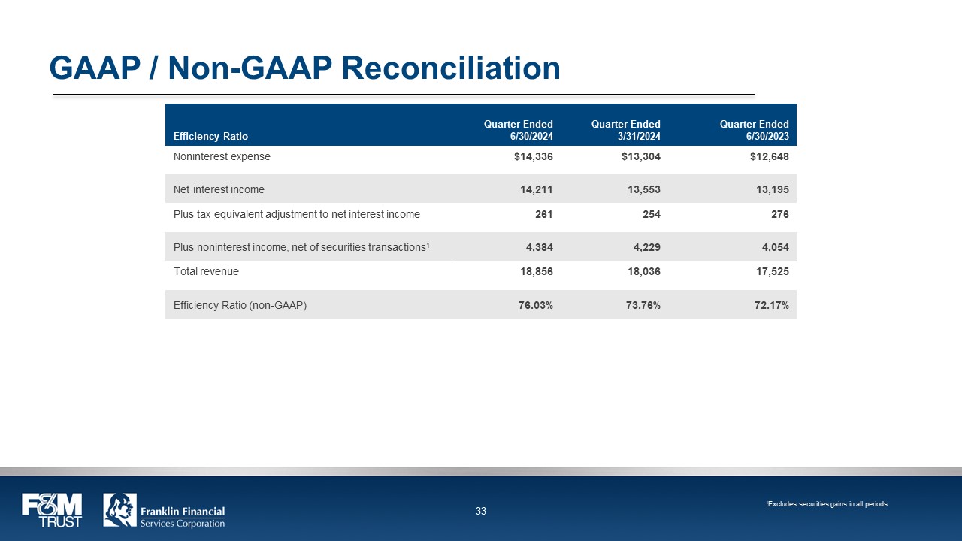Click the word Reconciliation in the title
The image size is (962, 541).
[x=451, y=68]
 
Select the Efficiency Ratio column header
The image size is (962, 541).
[x=210, y=136]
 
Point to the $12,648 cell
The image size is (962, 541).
[x=768, y=157]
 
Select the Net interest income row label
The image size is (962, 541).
[x=219, y=189]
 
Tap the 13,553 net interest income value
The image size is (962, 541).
[x=643, y=189]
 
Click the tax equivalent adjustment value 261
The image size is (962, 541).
[x=543, y=214]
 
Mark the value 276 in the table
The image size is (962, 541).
[x=779, y=214]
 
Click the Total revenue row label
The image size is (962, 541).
[x=206, y=271]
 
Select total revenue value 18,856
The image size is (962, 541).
[x=535, y=271]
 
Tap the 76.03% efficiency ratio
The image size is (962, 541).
[x=535, y=305]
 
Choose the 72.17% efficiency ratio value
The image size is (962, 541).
[x=771, y=305]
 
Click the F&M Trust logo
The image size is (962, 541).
[x=52, y=510]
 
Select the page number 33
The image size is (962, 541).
[x=481, y=512]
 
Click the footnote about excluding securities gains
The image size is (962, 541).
[x=827, y=504]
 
